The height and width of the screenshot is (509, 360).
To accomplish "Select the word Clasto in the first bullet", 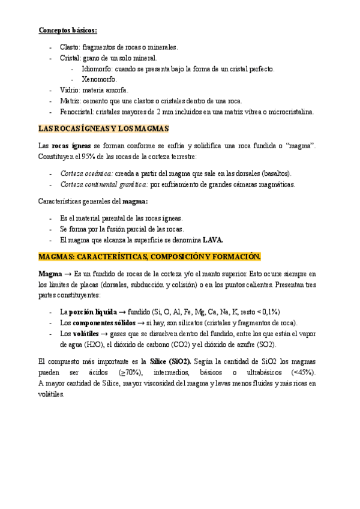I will (69, 47).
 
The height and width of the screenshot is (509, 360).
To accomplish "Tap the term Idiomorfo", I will (95, 68).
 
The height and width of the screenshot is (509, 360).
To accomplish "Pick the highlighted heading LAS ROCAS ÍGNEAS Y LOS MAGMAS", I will (104, 128).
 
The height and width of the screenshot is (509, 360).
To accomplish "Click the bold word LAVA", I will (213, 240).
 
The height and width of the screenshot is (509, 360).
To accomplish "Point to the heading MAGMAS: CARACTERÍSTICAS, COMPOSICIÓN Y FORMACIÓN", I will (149, 257).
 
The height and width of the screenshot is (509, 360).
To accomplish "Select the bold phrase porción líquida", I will (92, 312).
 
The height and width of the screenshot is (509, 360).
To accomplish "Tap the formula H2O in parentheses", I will (89, 345).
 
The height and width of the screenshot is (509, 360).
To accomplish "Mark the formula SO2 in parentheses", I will (265, 345).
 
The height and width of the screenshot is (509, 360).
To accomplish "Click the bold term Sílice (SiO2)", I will (170, 361).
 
